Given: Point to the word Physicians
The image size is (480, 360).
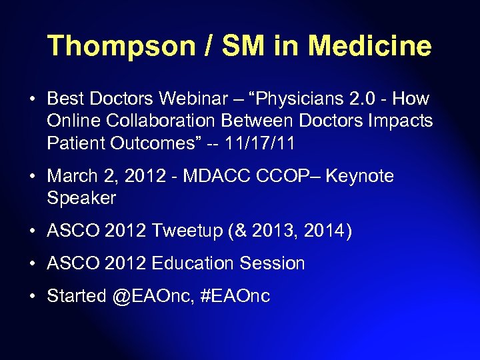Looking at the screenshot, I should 298,99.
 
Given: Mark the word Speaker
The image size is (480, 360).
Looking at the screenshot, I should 81,198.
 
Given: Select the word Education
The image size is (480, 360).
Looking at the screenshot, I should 191,263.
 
